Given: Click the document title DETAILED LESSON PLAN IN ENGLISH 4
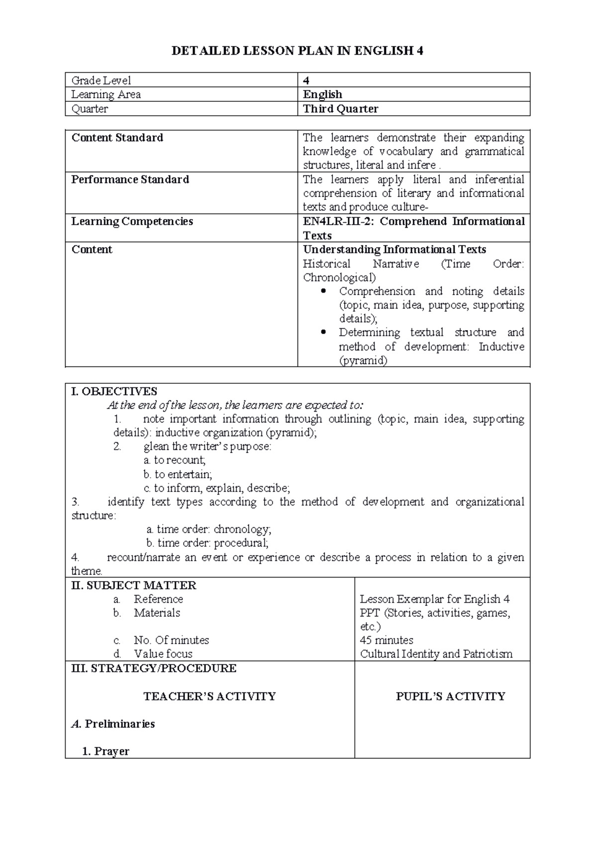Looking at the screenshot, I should [x=297, y=51].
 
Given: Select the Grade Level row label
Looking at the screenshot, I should [x=101, y=80].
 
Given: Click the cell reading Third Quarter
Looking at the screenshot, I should [x=341, y=109].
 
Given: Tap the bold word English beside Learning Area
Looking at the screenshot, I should [x=322, y=94].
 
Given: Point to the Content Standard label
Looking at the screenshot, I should [x=117, y=138].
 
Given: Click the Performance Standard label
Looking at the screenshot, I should [x=130, y=179].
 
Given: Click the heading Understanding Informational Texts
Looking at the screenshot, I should [x=395, y=250].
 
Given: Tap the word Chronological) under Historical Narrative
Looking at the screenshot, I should [x=339, y=277].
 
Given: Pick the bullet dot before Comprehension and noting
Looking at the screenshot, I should [x=324, y=291].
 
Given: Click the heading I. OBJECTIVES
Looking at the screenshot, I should [x=114, y=391].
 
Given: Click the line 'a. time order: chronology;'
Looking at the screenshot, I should [x=209, y=529].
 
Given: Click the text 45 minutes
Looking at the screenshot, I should [x=387, y=640].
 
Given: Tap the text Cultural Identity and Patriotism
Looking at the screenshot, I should [x=436, y=654].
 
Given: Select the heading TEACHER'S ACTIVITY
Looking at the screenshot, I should [x=209, y=696].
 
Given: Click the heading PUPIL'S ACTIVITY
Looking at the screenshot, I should [x=450, y=696].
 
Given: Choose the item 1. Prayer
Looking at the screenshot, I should [x=105, y=751].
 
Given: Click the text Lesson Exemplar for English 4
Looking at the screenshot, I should [x=434, y=599].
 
